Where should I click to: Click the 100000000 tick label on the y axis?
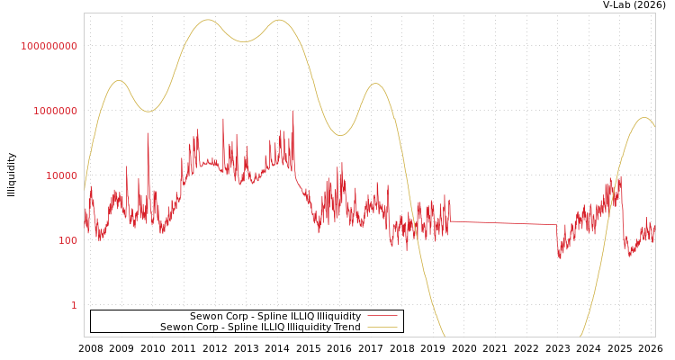[49, 46]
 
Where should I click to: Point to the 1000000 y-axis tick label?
[55, 111]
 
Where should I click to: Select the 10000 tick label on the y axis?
[61, 175]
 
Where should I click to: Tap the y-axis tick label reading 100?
[67, 240]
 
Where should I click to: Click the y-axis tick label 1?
[74, 305]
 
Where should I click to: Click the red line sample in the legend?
[382, 317]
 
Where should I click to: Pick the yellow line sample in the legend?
[382, 328]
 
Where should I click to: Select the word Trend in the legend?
[346, 328]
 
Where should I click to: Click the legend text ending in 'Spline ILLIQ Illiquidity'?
[274, 317]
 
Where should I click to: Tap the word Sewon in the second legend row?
[175, 328]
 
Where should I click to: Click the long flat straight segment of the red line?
[504, 222]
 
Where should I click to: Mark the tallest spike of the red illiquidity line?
[292, 112]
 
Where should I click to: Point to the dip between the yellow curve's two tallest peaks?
[244, 41]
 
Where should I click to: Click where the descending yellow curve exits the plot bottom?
[444, 336]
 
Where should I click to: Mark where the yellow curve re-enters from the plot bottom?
[580, 336]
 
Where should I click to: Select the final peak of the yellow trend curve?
[643, 118]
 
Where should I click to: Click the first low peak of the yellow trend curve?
[119, 81]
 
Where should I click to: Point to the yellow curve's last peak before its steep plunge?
[375, 84]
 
